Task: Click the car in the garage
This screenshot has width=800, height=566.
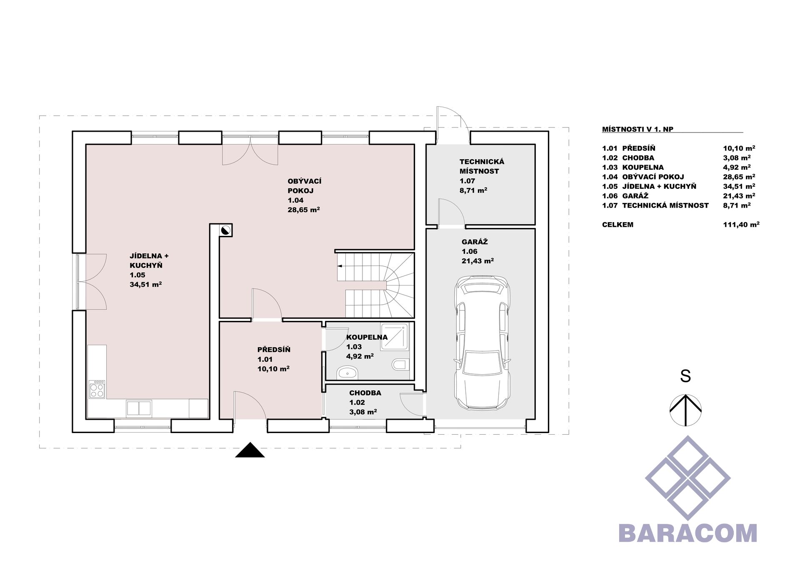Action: click(x=482, y=343)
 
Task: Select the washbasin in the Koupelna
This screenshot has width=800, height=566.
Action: click(x=347, y=372)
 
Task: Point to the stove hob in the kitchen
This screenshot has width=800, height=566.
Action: click(x=97, y=389)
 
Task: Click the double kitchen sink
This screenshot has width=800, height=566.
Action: click(x=139, y=408)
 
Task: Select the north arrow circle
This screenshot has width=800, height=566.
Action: click(x=685, y=410)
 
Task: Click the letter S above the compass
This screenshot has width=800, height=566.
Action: click(x=685, y=376)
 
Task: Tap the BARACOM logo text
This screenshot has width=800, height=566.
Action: click(x=687, y=533)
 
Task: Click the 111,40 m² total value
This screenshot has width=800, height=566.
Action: click(x=741, y=225)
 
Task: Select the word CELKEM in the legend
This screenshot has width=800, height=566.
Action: click(x=617, y=225)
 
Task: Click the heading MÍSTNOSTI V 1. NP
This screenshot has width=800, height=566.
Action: click(x=637, y=129)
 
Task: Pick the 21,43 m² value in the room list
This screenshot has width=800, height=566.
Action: click(x=739, y=196)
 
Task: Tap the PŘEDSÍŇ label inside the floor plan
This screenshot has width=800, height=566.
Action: click(x=274, y=350)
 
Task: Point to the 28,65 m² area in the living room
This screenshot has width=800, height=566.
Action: click(x=304, y=210)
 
